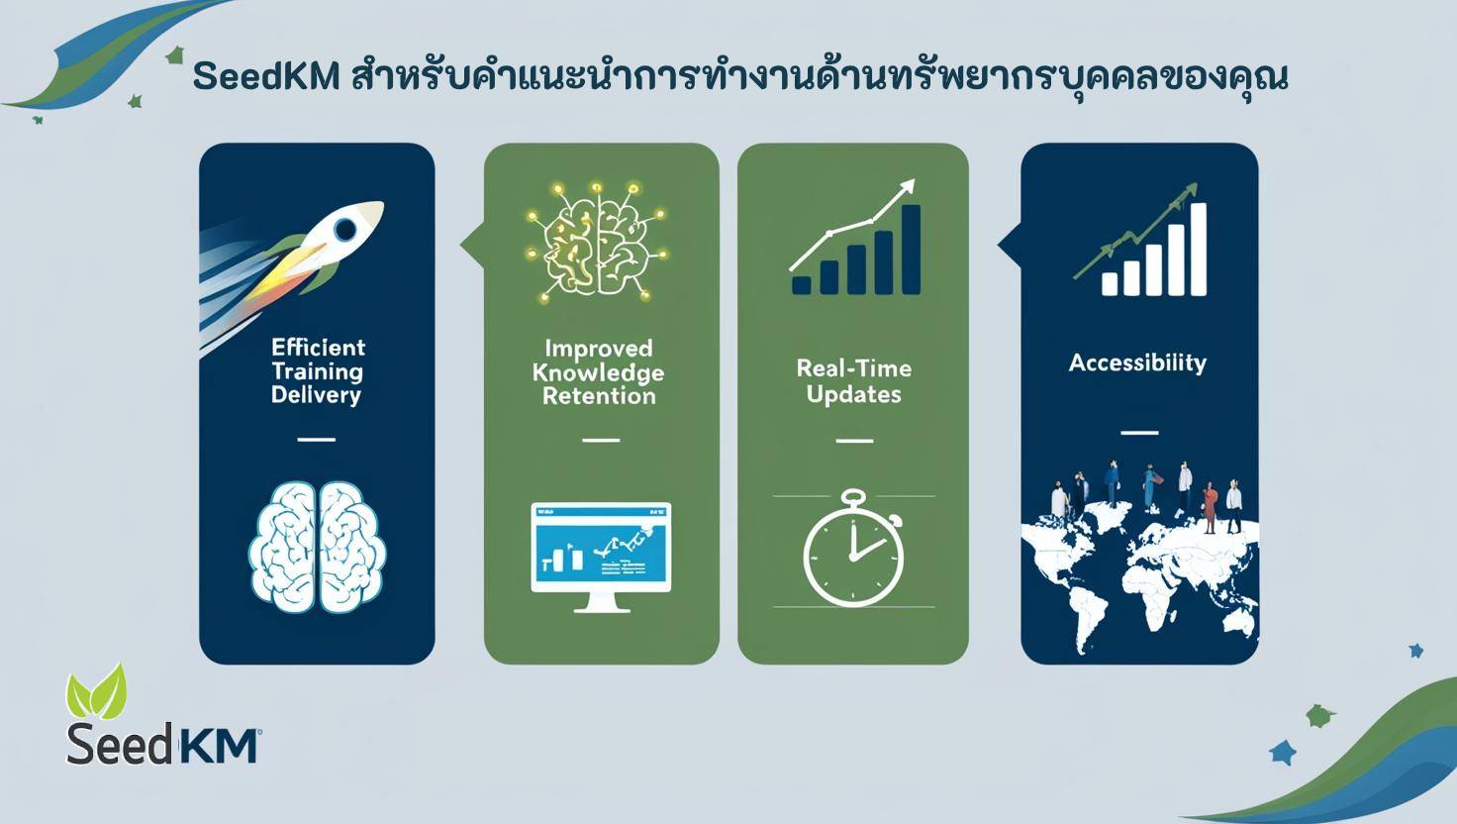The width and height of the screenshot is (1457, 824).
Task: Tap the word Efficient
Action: (x=318, y=348)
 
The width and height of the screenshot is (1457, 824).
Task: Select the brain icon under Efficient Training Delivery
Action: (x=318, y=547)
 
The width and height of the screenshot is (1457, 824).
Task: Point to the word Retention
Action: (x=600, y=396)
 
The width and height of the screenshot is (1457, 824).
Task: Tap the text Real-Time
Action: (x=853, y=368)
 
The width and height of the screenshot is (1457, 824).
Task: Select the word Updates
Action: (x=853, y=395)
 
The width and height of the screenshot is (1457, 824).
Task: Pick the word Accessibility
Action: (x=1137, y=362)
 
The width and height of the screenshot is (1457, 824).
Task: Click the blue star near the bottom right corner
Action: (x=1283, y=752)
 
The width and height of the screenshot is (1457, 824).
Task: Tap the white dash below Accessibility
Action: (x=1139, y=433)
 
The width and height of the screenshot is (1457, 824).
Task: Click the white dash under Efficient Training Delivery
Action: (x=317, y=439)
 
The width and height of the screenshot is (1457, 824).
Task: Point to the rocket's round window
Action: (x=345, y=230)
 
